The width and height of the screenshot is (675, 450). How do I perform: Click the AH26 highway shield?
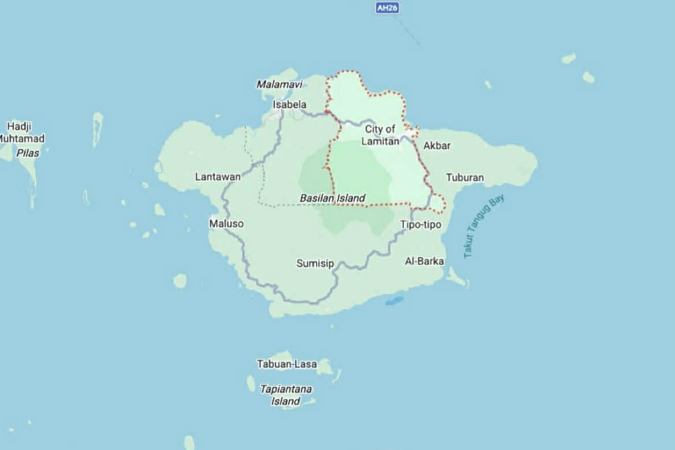pos(387,8)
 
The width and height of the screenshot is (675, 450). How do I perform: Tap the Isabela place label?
pos(289,105)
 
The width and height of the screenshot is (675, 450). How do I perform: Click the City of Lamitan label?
pos(380,135)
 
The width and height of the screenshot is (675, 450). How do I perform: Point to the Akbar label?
pos(437,146)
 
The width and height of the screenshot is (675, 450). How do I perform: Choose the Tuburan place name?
pos(465,177)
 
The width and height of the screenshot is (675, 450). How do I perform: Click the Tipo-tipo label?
pos(421,225)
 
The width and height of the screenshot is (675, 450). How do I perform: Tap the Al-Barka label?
pos(424,261)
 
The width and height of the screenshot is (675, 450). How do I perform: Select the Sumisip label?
pos(315,263)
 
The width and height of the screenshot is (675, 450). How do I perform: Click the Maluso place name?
pos(226,223)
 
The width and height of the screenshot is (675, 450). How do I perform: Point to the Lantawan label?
pos(218,177)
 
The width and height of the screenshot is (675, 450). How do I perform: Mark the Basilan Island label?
pos(332,198)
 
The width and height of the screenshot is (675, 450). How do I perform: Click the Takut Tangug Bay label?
pos(483,226)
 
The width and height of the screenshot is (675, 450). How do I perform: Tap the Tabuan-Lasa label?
pos(287,364)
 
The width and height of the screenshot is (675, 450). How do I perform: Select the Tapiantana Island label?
pos(286,395)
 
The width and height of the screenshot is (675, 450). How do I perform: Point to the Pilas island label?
pos(28,153)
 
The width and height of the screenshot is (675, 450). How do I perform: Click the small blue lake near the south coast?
pos(394,301)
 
